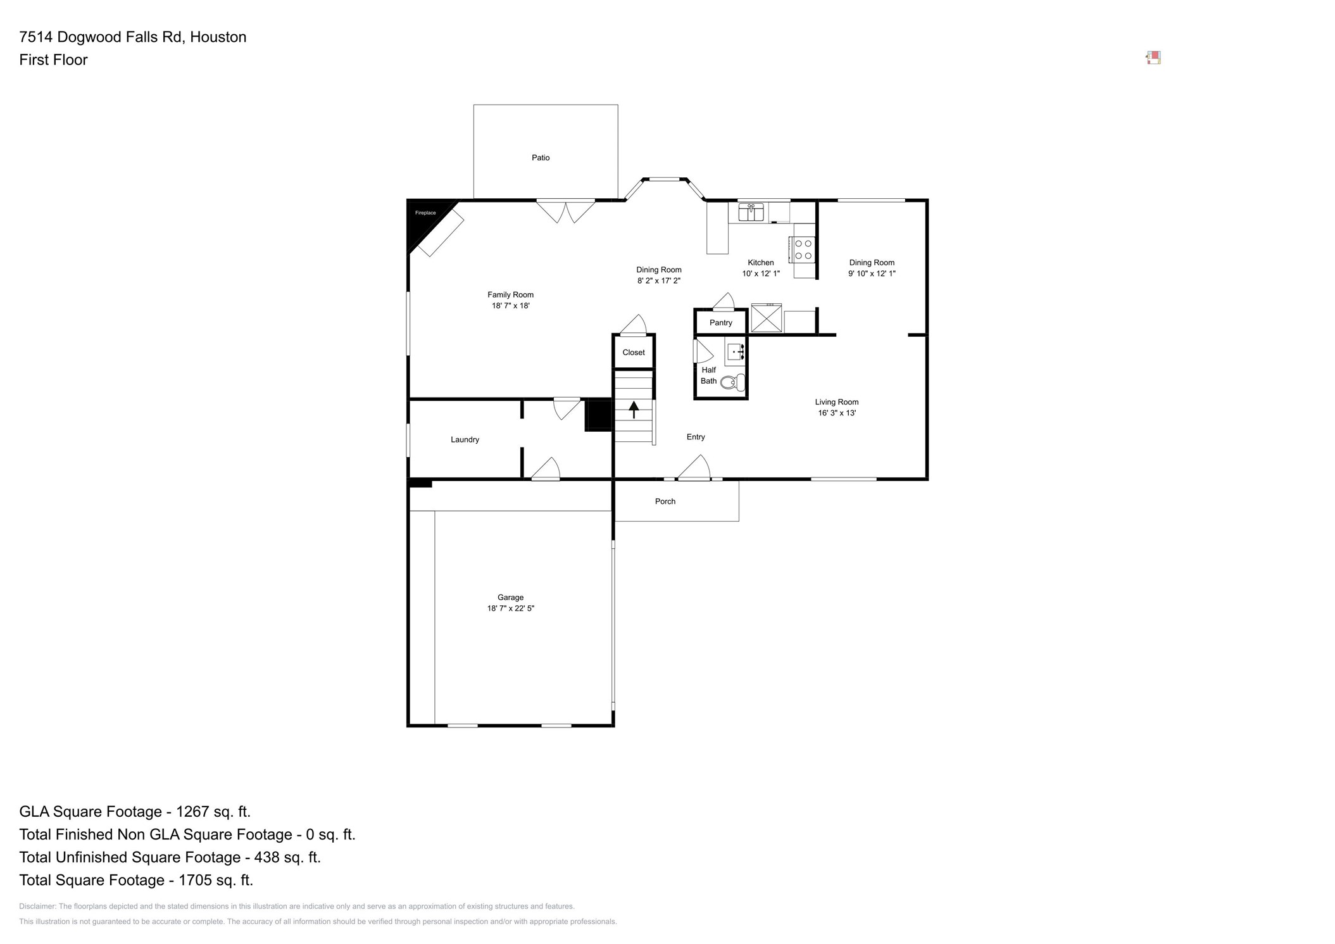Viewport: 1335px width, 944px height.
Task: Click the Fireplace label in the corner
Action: (x=425, y=213)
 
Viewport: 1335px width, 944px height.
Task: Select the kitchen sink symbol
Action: (x=751, y=212)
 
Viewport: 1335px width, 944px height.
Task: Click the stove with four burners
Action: (x=803, y=249)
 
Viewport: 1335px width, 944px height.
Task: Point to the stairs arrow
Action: (x=634, y=410)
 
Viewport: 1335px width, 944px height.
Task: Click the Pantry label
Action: (x=720, y=323)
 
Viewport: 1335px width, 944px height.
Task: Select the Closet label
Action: (x=633, y=353)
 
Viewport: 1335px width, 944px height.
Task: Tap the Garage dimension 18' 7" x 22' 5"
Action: (x=510, y=608)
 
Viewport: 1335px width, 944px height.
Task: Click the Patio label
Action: (x=541, y=158)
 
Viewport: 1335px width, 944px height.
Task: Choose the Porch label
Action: (x=665, y=501)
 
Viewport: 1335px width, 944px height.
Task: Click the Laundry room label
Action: (x=465, y=439)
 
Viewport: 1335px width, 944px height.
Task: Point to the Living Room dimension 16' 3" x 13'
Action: (x=836, y=413)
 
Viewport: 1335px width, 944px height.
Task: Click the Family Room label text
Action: (x=510, y=294)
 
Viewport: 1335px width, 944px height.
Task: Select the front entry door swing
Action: (x=695, y=469)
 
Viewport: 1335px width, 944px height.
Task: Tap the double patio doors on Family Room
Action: (x=565, y=211)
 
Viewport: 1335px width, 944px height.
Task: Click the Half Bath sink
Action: (x=735, y=351)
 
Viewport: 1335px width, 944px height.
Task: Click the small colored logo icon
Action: (x=1153, y=58)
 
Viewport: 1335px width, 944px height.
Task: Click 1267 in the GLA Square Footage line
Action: (x=192, y=812)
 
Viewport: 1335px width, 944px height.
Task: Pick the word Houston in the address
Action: (x=218, y=37)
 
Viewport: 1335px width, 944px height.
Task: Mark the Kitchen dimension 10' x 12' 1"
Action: (x=761, y=274)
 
